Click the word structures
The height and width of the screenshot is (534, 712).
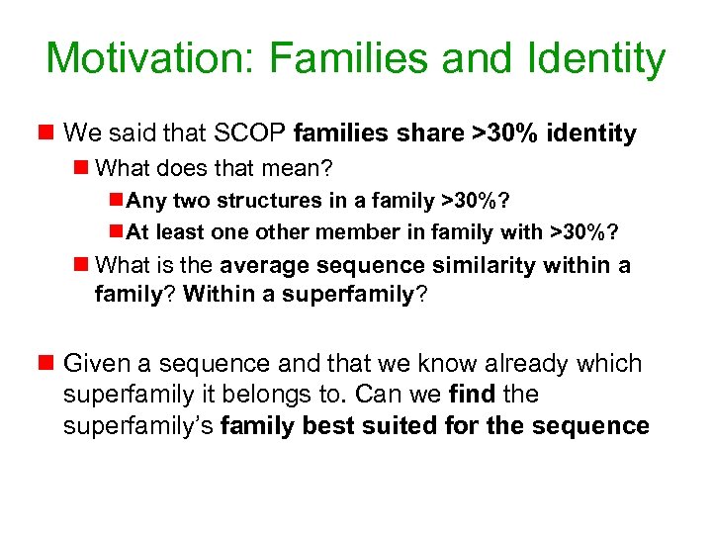pyautogui.click(x=250, y=201)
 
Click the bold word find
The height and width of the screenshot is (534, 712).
pyautogui.click(x=473, y=395)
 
